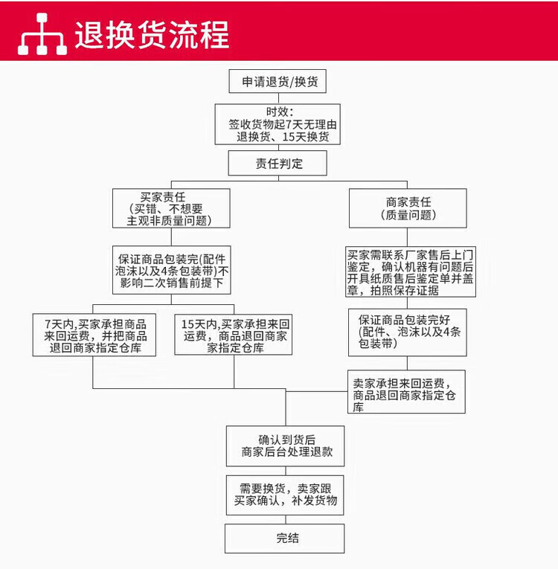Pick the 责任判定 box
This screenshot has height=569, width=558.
(x=278, y=163)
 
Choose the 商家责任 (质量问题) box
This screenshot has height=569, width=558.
(x=408, y=208)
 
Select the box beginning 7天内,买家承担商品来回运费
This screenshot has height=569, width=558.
(x=94, y=335)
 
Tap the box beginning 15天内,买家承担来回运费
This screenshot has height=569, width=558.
(x=234, y=335)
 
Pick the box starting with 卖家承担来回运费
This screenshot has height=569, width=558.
(x=408, y=391)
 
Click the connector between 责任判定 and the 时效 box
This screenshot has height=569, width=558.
(x=278, y=148)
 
